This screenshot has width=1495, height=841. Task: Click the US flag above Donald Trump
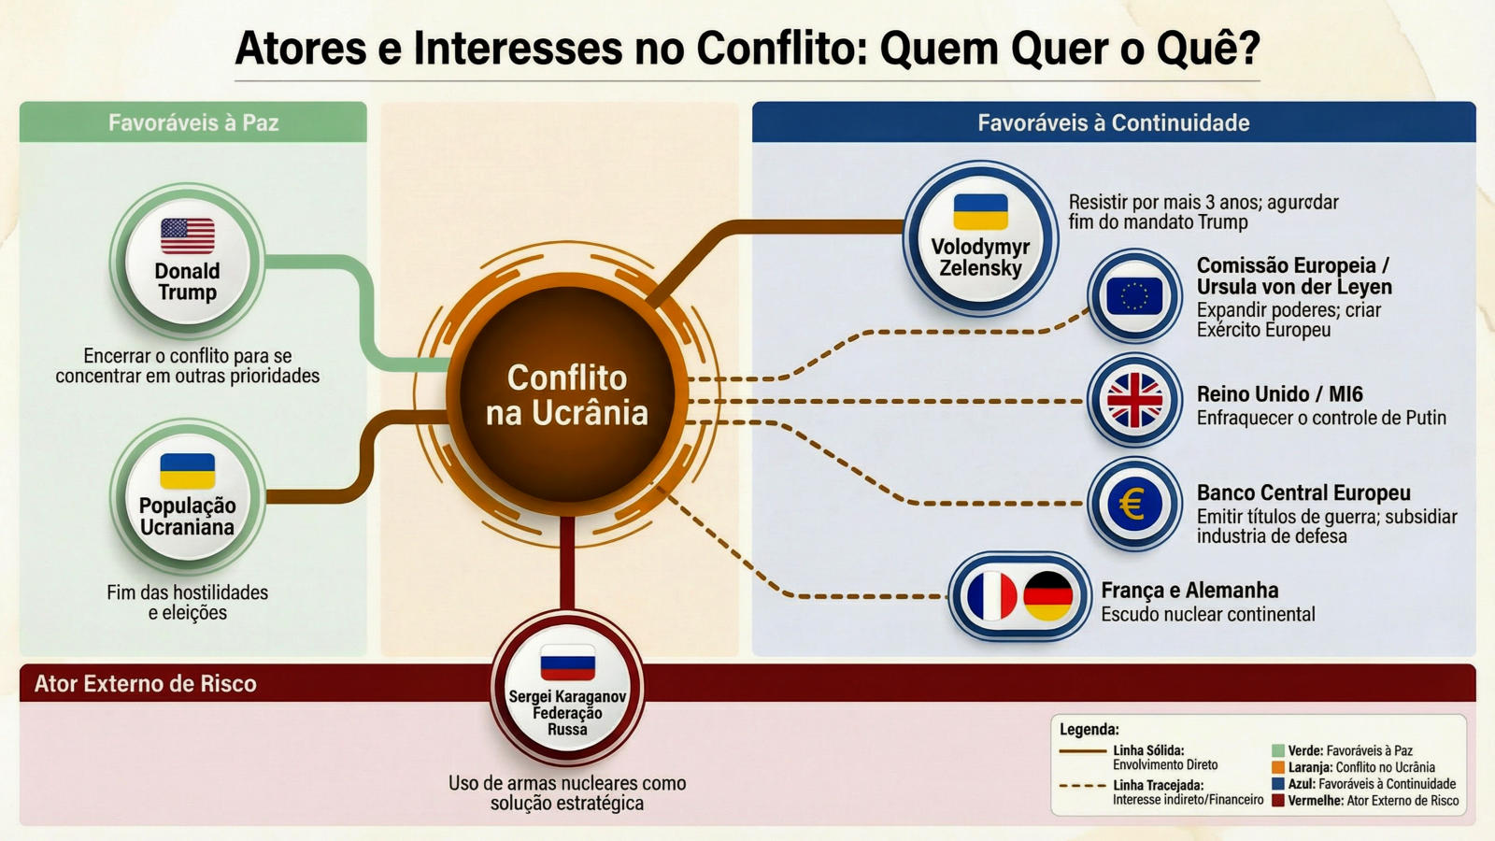coord(187,235)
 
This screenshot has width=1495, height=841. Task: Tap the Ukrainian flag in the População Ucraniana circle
coord(187,471)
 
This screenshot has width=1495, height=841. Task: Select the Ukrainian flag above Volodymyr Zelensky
coord(980,211)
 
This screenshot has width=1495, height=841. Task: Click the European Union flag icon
coord(1134,297)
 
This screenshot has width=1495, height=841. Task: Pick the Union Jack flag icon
coord(1134,401)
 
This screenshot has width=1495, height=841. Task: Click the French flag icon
coord(991,596)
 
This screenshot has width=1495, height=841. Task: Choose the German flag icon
coord(1047,596)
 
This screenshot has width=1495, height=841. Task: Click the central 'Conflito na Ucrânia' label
coord(566,395)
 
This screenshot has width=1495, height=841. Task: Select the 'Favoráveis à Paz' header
coord(193,122)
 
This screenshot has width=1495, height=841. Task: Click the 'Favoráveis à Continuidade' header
coord(1113,122)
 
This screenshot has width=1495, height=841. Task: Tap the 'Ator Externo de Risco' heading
coord(146,683)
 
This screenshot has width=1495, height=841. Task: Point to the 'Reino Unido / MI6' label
coord(1279,394)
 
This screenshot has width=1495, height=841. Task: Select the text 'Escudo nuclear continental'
coord(1207,614)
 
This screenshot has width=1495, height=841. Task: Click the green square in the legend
coord(1277,750)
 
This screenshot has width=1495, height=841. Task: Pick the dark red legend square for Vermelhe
coord(1277,801)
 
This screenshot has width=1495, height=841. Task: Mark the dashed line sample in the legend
coord(1082,786)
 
